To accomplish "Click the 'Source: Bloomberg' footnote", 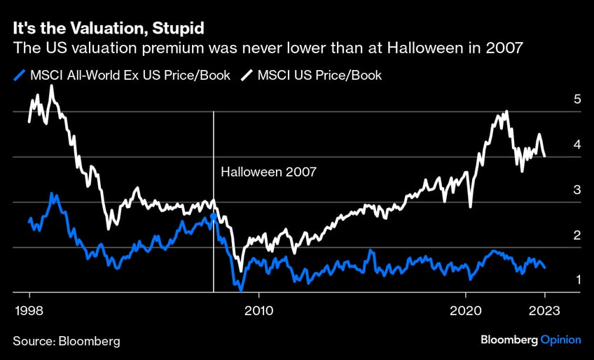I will point(67,340).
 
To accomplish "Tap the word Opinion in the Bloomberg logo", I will point(560,340).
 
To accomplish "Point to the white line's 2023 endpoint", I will point(545,157).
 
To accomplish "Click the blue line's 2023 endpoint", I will point(545,268).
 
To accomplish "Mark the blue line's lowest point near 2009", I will point(240,289).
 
